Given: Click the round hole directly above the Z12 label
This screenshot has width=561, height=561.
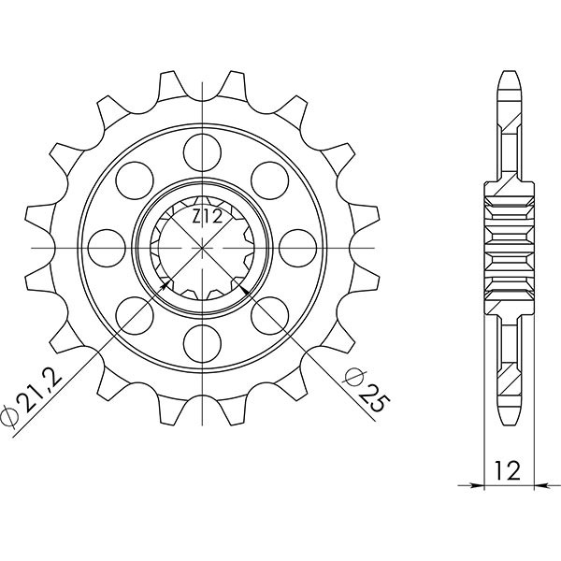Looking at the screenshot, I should click(x=201, y=150).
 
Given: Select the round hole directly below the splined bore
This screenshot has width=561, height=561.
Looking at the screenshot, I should click(x=201, y=338).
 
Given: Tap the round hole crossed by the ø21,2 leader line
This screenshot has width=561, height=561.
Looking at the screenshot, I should click(x=135, y=314).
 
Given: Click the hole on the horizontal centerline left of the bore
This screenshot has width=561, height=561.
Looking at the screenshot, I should click(x=105, y=248).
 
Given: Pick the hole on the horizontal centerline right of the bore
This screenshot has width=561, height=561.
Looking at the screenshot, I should click(x=296, y=248).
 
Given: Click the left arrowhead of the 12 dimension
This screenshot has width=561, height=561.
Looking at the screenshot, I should click(x=477, y=486).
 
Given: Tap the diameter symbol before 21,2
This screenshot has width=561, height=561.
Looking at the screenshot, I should click(x=12, y=413).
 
